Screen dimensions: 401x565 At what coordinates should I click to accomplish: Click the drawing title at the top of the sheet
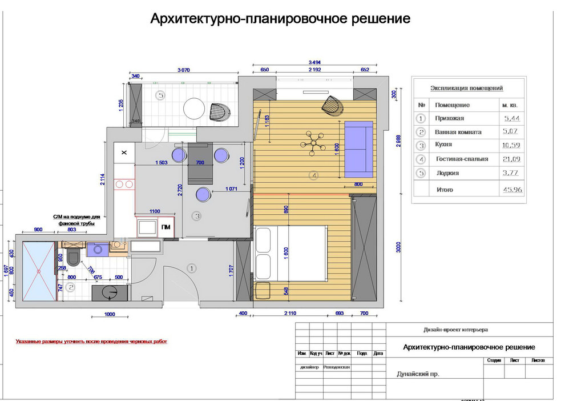pos(280,18)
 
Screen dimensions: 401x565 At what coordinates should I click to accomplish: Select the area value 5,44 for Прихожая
pos(511,118)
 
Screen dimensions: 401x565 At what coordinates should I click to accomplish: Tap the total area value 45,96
pos(511,190)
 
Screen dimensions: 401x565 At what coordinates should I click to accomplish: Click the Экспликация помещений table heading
pos(466,88)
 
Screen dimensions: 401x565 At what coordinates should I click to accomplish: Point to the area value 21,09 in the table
pos(511,159)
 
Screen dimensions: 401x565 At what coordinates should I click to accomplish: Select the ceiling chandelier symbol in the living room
pos(312,143)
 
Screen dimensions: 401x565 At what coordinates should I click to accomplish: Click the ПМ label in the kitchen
pos(166,227)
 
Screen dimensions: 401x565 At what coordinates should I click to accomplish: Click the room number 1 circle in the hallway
pos(192,267)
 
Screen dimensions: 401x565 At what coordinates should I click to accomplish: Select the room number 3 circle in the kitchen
pos(197,216)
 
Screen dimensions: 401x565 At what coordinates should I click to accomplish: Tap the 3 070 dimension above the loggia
pos(183,70)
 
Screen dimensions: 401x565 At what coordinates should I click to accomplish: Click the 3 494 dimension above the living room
pos(314,62)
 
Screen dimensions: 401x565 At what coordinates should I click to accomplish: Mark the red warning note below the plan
pos(91,342)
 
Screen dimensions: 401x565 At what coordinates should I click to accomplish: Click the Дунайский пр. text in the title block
pos(418,375)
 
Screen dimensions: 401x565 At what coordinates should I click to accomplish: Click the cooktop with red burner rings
pos(124,184)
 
